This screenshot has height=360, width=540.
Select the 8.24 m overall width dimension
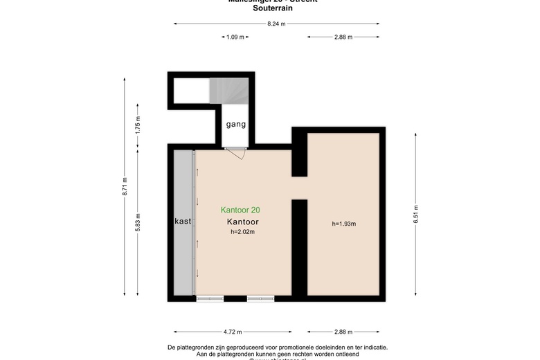pos(276,24)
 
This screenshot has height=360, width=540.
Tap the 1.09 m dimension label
pos(235,37)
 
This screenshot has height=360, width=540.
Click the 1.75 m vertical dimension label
pos(138,124)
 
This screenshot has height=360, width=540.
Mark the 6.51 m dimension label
pos(415,215)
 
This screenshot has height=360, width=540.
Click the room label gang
pos(235,125)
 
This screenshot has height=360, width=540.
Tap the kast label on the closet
pos(183,222)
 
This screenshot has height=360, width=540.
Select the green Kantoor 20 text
pos(240,210)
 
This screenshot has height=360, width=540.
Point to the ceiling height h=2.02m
pos(243,232)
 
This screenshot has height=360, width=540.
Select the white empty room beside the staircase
pos(190,90)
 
